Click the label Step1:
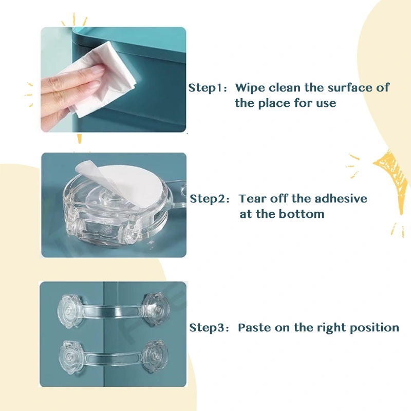(208, 88)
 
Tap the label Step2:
(210, 199)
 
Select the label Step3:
(209, 328)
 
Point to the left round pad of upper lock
(69, 311)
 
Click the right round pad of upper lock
(157, 309)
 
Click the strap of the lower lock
(113, 357)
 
